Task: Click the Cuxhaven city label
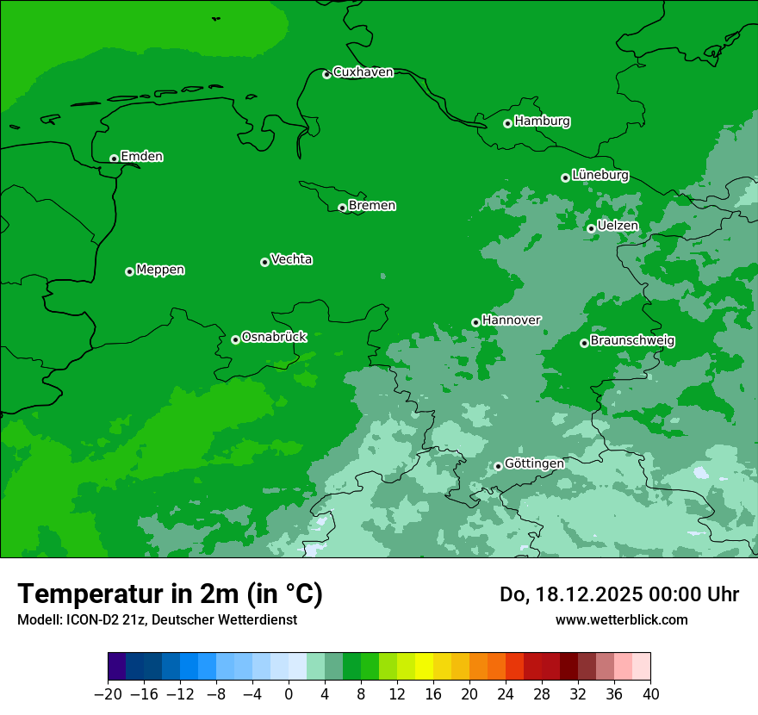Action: coord(363,72)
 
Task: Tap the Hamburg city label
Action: coord(542,121)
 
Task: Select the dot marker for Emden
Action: coord(114,159)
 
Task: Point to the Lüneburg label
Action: coord(600,175)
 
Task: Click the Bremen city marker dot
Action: coord(342,208)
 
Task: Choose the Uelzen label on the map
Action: coord(618,226)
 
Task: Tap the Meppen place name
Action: coord(160,270)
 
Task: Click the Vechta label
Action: coord(291,259)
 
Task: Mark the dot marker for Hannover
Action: coord(475,323)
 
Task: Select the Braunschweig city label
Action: coord(632,341)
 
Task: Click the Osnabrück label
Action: coord(274,337)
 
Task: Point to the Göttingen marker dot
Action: coord(498,467)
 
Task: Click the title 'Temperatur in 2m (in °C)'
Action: coord(170,594)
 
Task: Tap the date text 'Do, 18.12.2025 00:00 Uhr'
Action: coord(619,594)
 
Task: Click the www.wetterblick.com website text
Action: coord(621,619)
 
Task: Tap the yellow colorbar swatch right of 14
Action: coord(424,667)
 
